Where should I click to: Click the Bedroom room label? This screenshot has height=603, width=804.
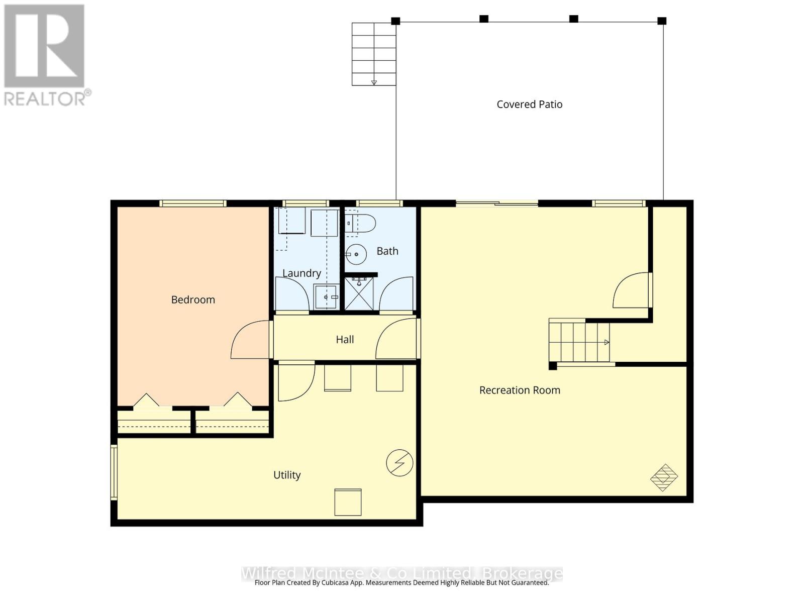click(x=193, y=299)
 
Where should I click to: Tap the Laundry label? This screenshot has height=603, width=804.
click(x=301, y=273)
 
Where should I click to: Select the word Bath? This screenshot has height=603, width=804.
click(x=387, y=251)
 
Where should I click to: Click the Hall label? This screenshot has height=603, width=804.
click(x=345, y=340)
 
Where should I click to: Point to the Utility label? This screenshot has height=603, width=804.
click(x=287, y=475)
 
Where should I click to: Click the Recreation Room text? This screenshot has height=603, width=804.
click(x=520, y=390)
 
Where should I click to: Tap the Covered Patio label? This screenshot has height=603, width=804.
click(x=529, y=105)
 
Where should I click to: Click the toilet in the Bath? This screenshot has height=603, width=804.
click(x=361, y=224)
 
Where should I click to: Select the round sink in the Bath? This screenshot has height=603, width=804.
click(x=356, y=254)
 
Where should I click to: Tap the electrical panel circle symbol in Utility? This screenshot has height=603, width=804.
click(x=399, y=462)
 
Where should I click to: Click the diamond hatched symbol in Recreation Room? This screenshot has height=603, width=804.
click(x=664, y=477)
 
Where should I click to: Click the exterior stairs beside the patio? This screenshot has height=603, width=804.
click(x=374, y=54)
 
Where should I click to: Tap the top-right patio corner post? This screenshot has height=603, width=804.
click(x=662, y=21)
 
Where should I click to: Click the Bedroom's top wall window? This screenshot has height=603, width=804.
click(x=193, y=204)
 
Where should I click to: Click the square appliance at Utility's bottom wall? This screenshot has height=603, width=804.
click(x=348, y=501)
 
